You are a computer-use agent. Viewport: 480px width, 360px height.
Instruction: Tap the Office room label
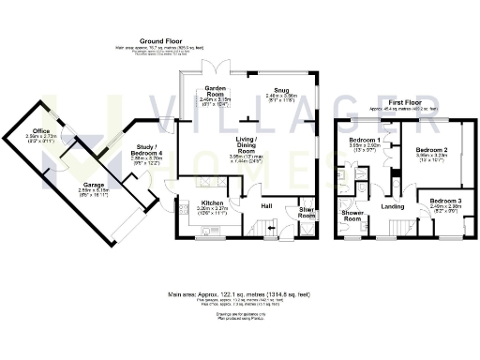[40, 130]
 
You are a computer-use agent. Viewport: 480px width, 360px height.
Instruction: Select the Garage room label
[92, 186]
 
